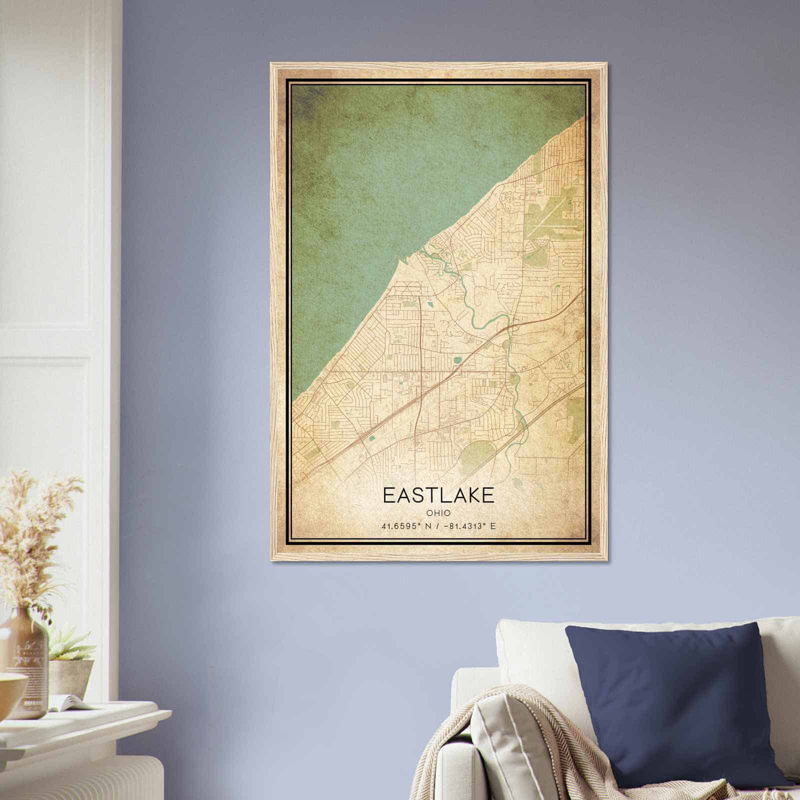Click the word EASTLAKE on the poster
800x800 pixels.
coord(438,495)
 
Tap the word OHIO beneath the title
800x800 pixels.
coord(438,513)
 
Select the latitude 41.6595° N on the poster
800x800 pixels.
coord(405,526)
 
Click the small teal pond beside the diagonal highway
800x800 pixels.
coord(372,438)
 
